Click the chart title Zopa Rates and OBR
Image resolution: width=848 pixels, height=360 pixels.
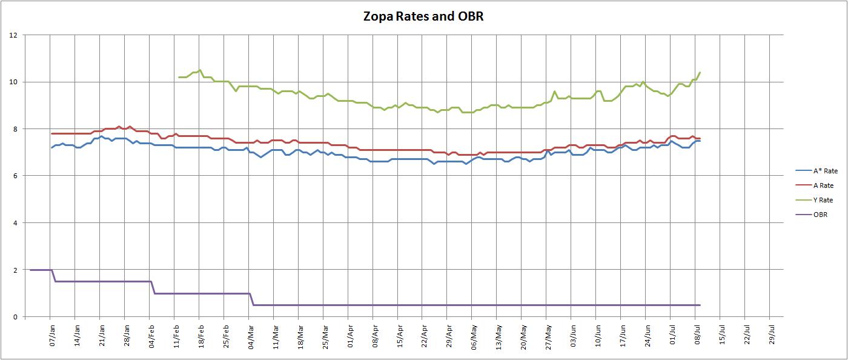[x=423, y=16]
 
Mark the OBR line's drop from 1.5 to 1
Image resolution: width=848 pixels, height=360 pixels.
[x=153, y=287]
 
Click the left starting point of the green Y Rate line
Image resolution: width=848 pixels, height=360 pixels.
[x=179, y=77]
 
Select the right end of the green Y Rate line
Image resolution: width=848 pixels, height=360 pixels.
[x=700, y=73]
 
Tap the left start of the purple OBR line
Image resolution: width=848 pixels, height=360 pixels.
[x=30, y=270]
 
